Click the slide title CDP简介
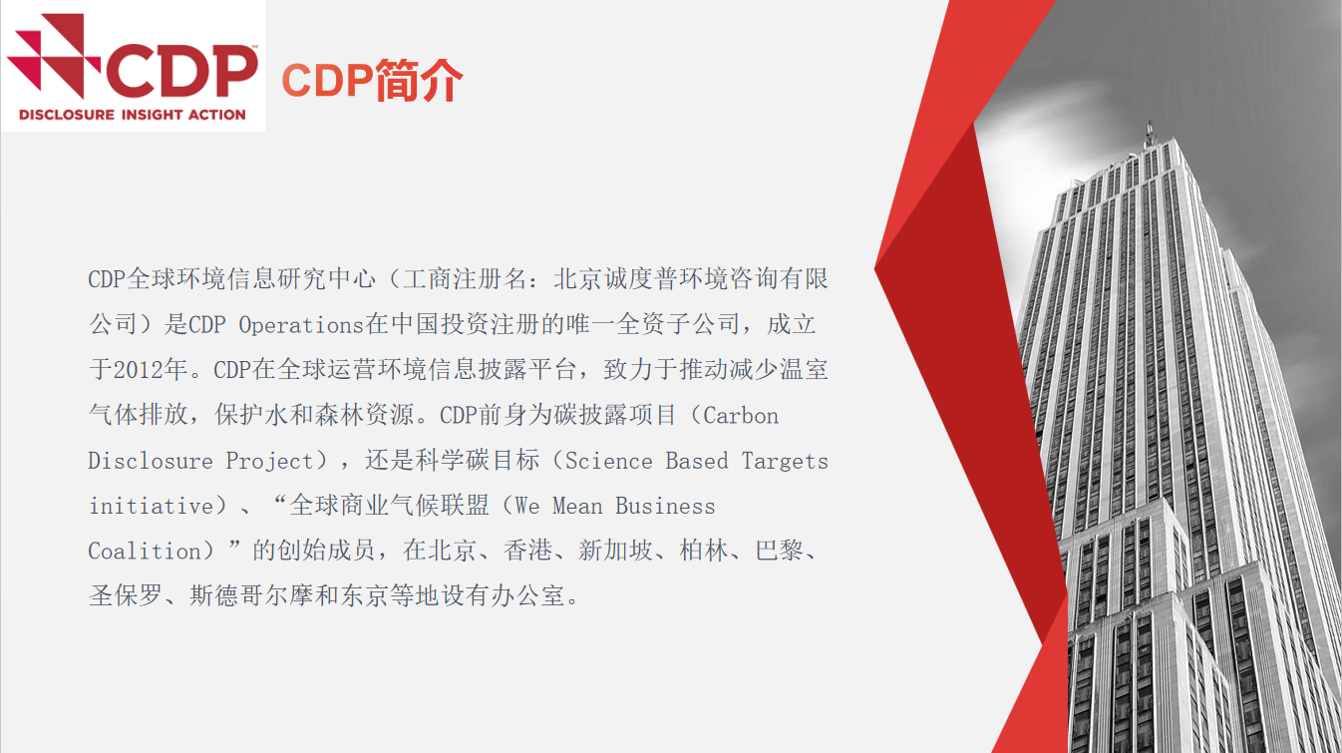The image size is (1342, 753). coord(372,81)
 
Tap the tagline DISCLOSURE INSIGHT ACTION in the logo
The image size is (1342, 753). coord(133,115)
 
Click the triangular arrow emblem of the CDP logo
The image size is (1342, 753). coord(54,56)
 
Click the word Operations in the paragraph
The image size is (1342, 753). coord(301,325)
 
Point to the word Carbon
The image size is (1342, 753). coord(741,416)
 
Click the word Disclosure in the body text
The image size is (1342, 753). coord(151,461)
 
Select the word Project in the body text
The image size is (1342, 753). coord(269,462)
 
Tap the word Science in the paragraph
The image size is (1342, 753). coord(609,461)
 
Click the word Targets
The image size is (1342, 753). coord(785,462)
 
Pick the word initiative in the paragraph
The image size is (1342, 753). coord(151,506)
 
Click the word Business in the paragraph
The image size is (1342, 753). coord(665,506)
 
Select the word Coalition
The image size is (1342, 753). coord(145,551)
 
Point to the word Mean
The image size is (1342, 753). coord(577,506)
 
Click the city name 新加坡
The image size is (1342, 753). coord(615,551)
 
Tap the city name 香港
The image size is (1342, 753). coord(527,551)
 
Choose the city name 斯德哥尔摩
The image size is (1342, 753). coord(251,596)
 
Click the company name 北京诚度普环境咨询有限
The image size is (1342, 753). coord(691,279)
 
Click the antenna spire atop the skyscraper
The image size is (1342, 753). coord(1150,133)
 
